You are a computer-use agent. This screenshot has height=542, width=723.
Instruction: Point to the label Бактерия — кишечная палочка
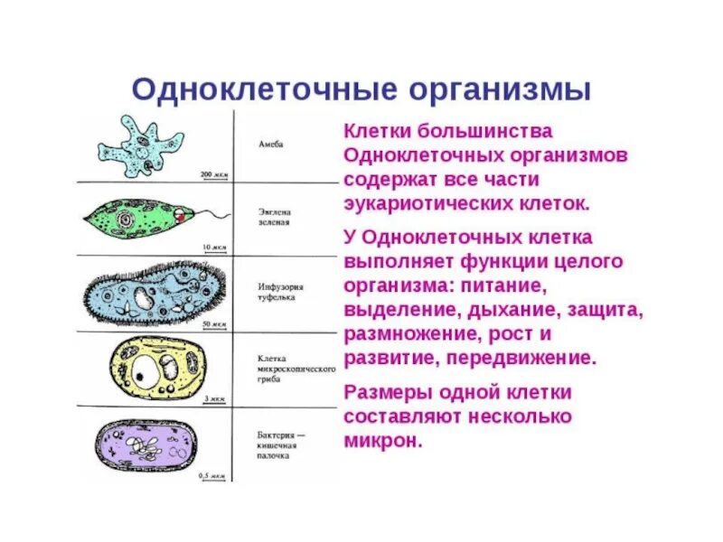click(x=278, y=445)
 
